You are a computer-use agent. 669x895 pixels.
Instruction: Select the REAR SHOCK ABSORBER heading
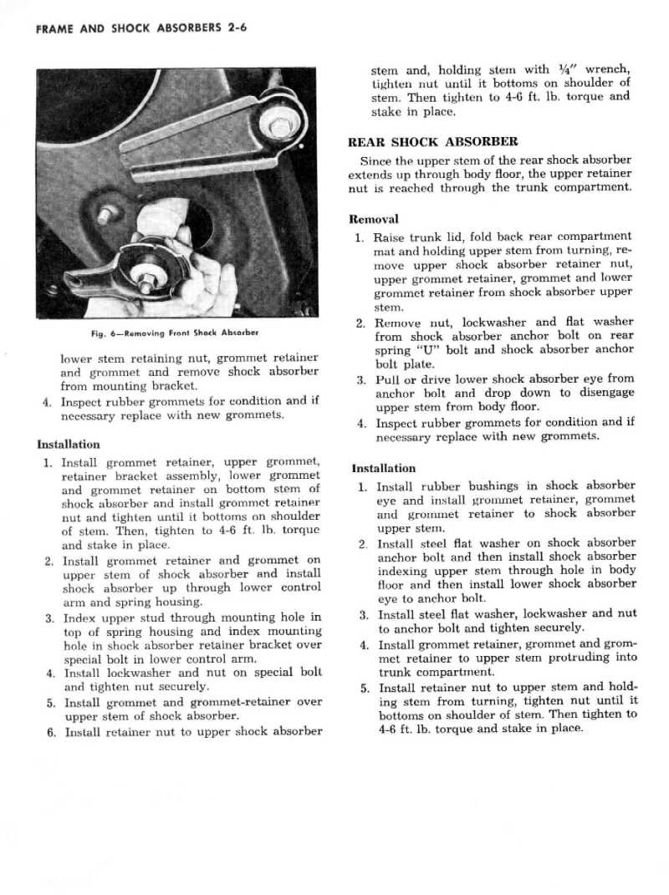click(x=432, y=141)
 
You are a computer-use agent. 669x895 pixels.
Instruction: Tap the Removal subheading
click(x=373, y=219)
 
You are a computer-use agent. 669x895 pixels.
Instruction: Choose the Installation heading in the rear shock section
click(x=383, y=468)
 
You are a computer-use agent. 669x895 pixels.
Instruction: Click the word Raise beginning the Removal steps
click(x=391, y=236)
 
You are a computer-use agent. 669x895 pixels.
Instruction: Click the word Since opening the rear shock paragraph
click(x=375, y=160)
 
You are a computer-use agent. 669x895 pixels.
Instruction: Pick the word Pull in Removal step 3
click(x=389, y=379)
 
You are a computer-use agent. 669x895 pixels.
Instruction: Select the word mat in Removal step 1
click(x=384, y=251)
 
